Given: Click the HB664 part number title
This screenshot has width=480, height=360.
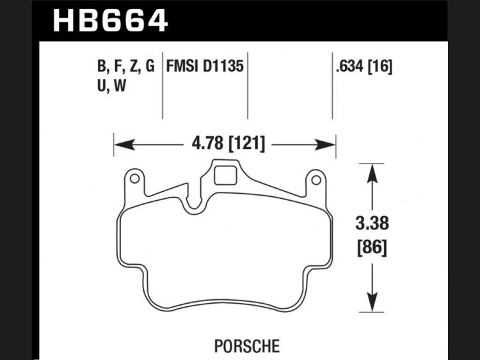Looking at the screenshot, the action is pos(110,21).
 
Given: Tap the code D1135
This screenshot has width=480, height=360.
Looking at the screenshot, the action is pos(223,66).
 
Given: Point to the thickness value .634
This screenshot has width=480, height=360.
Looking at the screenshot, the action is pos(349,66).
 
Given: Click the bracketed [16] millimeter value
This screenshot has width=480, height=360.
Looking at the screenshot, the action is pos(380,67).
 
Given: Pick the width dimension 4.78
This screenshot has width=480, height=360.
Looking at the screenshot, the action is pos(207,143).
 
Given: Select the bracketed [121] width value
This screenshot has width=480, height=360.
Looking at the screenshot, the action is pos(247,143).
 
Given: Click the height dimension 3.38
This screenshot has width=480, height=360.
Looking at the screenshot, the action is pos(372,223).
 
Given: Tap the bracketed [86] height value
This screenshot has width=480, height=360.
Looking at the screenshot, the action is pos(372,247).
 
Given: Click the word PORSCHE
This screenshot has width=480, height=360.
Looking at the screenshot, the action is pos(247,346).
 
